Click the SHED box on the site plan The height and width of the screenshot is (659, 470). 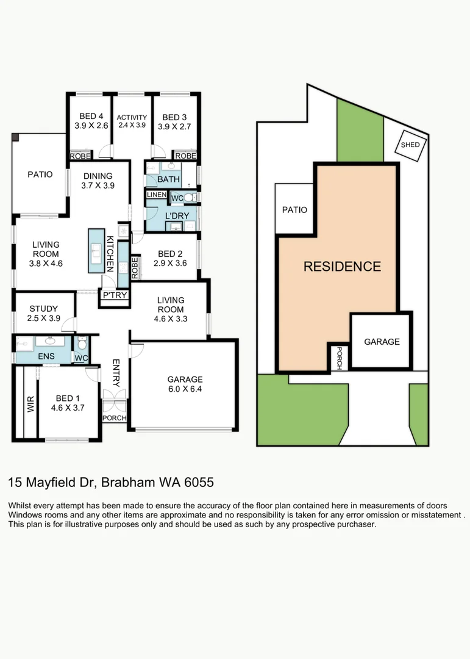click(x=410, y=145)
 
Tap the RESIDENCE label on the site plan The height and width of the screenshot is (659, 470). click(x=342, y=267)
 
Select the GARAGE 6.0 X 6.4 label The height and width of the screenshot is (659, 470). click(x=185, y=384)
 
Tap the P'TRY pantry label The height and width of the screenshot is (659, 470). click(x=114, y=295)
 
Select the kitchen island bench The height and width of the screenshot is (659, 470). click(x=96, y=251)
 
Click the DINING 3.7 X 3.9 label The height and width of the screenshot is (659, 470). click(x=98, y=181)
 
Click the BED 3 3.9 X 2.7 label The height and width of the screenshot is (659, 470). click(x=174, y=121)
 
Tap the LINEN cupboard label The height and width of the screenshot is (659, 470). click(x=156, y=195)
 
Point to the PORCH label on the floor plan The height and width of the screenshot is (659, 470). click(x=114, y=418)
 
